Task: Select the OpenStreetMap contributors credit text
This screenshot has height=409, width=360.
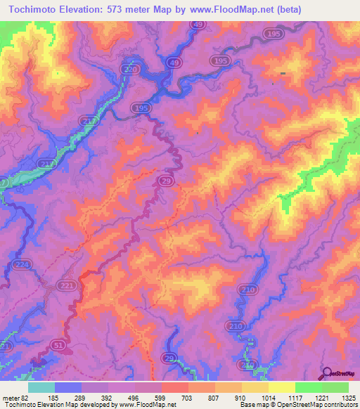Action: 319,405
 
